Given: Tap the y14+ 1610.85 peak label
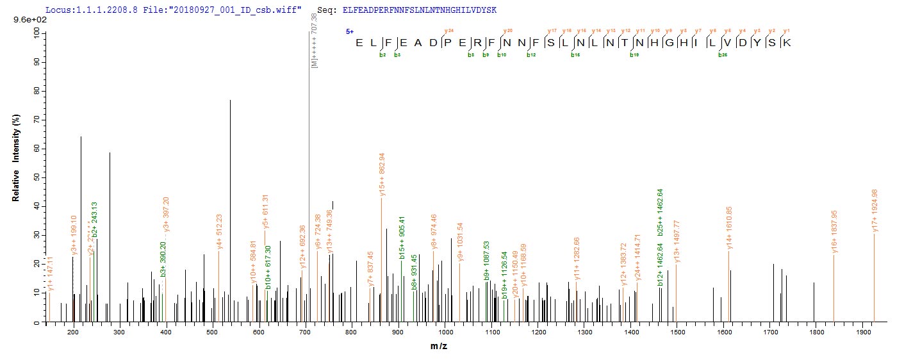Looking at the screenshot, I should click(728, 229).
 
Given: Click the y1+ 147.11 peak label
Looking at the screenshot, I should click(49, 272).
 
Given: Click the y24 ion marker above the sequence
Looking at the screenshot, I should click(448, 30).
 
